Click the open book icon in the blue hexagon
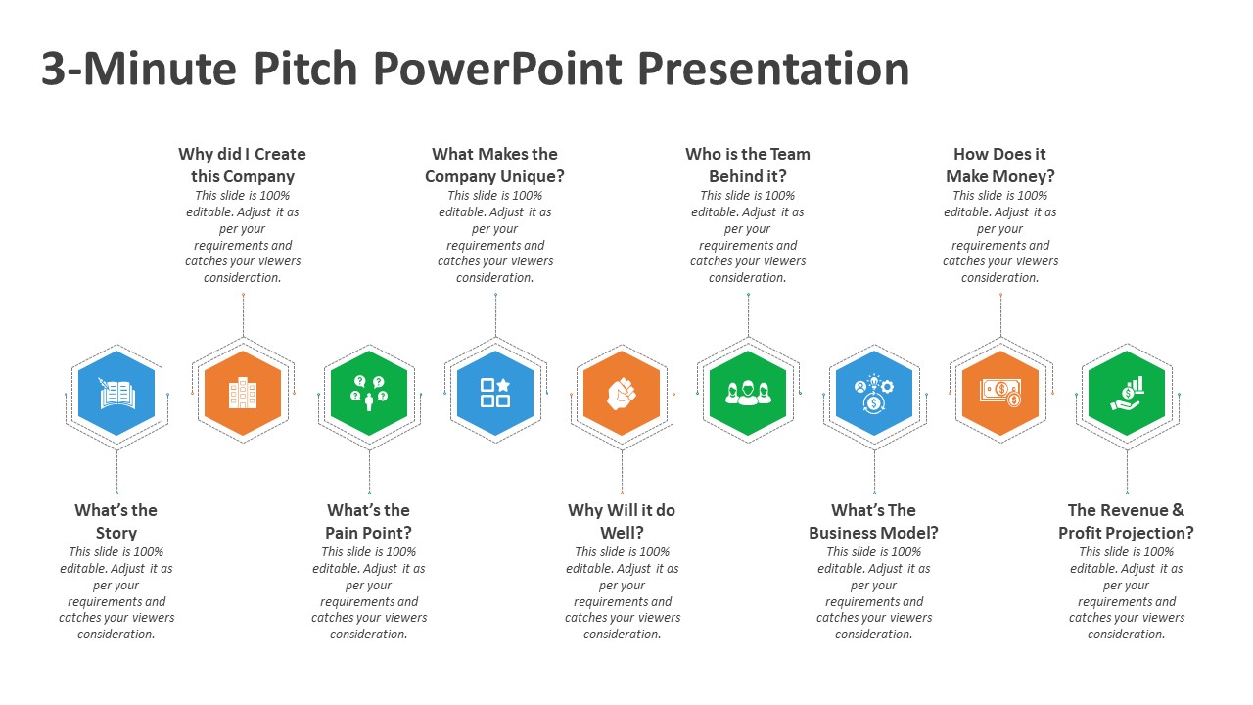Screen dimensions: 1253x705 (x=116, y=394)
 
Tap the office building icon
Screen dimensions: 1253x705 (x=243, y=393)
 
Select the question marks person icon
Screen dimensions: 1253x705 (x=369, y=393)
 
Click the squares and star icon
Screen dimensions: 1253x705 (x=495, y=393)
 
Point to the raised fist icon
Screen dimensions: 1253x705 (x=622, y=394)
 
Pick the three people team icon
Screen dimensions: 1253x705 (x=748, y=393)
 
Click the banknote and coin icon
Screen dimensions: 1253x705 (x=1000, y=393)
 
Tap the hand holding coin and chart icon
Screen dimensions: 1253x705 (x=1127, y=394)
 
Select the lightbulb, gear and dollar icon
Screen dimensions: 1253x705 (x=874, y=394)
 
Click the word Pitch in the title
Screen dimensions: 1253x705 (x=305, y=70)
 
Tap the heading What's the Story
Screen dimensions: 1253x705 (x=116, y=521)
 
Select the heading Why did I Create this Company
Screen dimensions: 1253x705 (x=242, y=164)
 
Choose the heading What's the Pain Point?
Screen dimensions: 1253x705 (x=369, y=521)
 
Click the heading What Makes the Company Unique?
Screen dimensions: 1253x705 (x=495, y=164)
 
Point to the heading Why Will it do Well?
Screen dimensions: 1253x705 (x=622, y=521)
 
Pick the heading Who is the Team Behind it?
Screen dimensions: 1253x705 (x=748, y=164)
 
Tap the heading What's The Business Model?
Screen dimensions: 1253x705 (x=874, y=521)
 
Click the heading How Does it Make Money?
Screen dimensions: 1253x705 (x=1000, y=164)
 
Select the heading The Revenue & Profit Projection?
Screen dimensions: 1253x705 (x=1126, y=521)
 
